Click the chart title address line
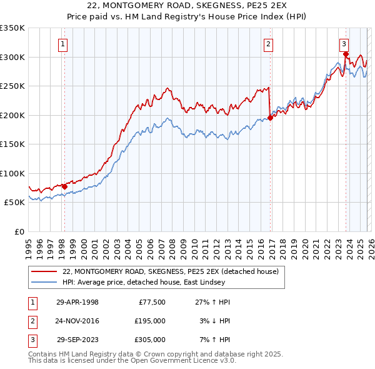187,7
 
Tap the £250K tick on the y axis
12,86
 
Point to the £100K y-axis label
12,173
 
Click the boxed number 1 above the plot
64,44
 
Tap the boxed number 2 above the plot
268,44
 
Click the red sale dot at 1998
64,186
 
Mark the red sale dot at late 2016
270,118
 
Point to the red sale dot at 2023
346,54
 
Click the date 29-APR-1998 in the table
77,302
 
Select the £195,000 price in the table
150,321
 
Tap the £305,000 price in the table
150,340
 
